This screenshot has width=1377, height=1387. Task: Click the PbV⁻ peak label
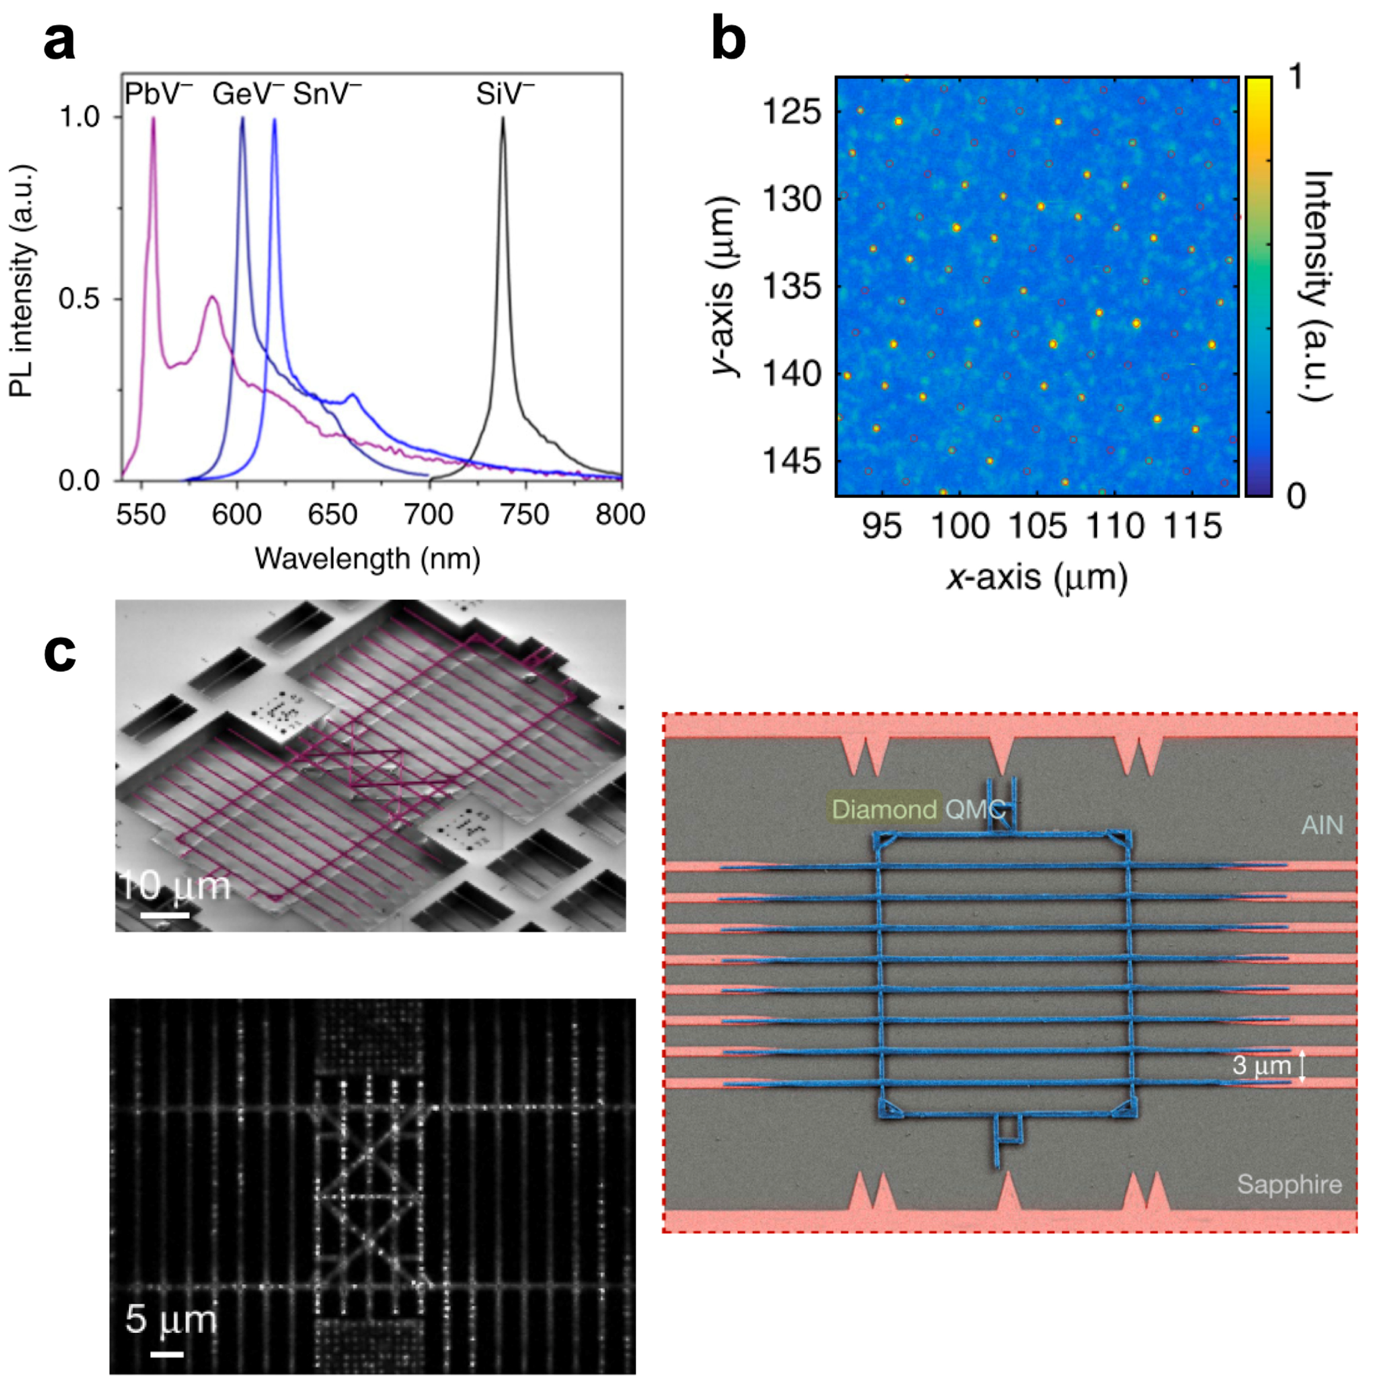[x=158, y=94]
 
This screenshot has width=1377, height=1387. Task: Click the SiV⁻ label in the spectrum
[x=505, y=94]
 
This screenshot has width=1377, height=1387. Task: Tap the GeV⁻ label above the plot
[x=248, y=94]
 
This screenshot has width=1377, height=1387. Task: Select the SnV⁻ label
[x=327, y=94]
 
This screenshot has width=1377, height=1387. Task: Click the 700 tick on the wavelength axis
[x=429, y=514]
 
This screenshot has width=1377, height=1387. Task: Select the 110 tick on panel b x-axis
[x=1115, y=527]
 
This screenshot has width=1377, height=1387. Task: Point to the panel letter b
[x=728, y=42]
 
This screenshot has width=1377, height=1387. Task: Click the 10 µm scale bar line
[x=165, y=915]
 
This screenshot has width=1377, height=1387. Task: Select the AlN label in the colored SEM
[x=1322, y=825]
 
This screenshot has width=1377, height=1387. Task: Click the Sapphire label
[x=1288, y=1184]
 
